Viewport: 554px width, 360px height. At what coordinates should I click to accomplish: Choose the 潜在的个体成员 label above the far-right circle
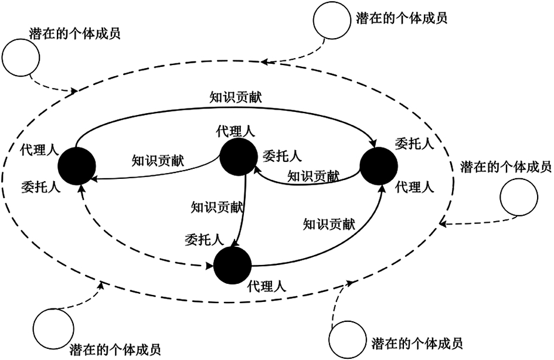506,167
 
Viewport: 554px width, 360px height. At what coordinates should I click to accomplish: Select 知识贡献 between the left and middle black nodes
158,160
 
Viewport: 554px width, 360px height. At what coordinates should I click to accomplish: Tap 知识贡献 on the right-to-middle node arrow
313,175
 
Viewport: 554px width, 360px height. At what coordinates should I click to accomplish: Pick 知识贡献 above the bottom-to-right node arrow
329,223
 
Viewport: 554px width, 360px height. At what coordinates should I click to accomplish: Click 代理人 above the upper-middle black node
236,132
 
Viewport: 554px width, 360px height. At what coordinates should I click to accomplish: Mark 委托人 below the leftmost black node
40,186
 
